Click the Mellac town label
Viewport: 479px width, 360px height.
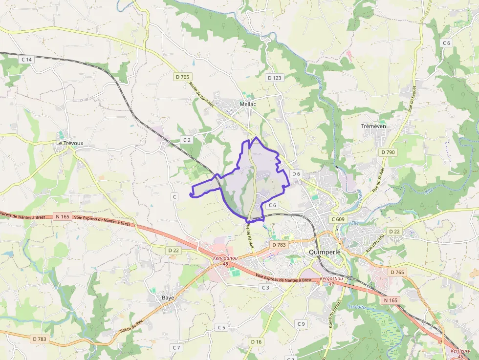coord(248,104)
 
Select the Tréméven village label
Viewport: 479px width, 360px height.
coord(373,126)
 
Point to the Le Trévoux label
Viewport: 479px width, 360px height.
coord(70,143)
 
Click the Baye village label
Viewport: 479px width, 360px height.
coord(168,297)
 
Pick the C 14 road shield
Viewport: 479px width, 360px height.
coord(26,60)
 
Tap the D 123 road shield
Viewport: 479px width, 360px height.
coord(275,78)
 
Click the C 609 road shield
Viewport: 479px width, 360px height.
coord(337,219)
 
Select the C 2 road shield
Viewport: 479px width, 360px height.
coord(187,140)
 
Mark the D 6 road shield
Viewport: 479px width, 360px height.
coord(296,174)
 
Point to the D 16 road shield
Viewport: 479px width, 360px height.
coord(257,342)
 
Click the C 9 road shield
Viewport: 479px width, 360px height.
coord(301,324)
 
